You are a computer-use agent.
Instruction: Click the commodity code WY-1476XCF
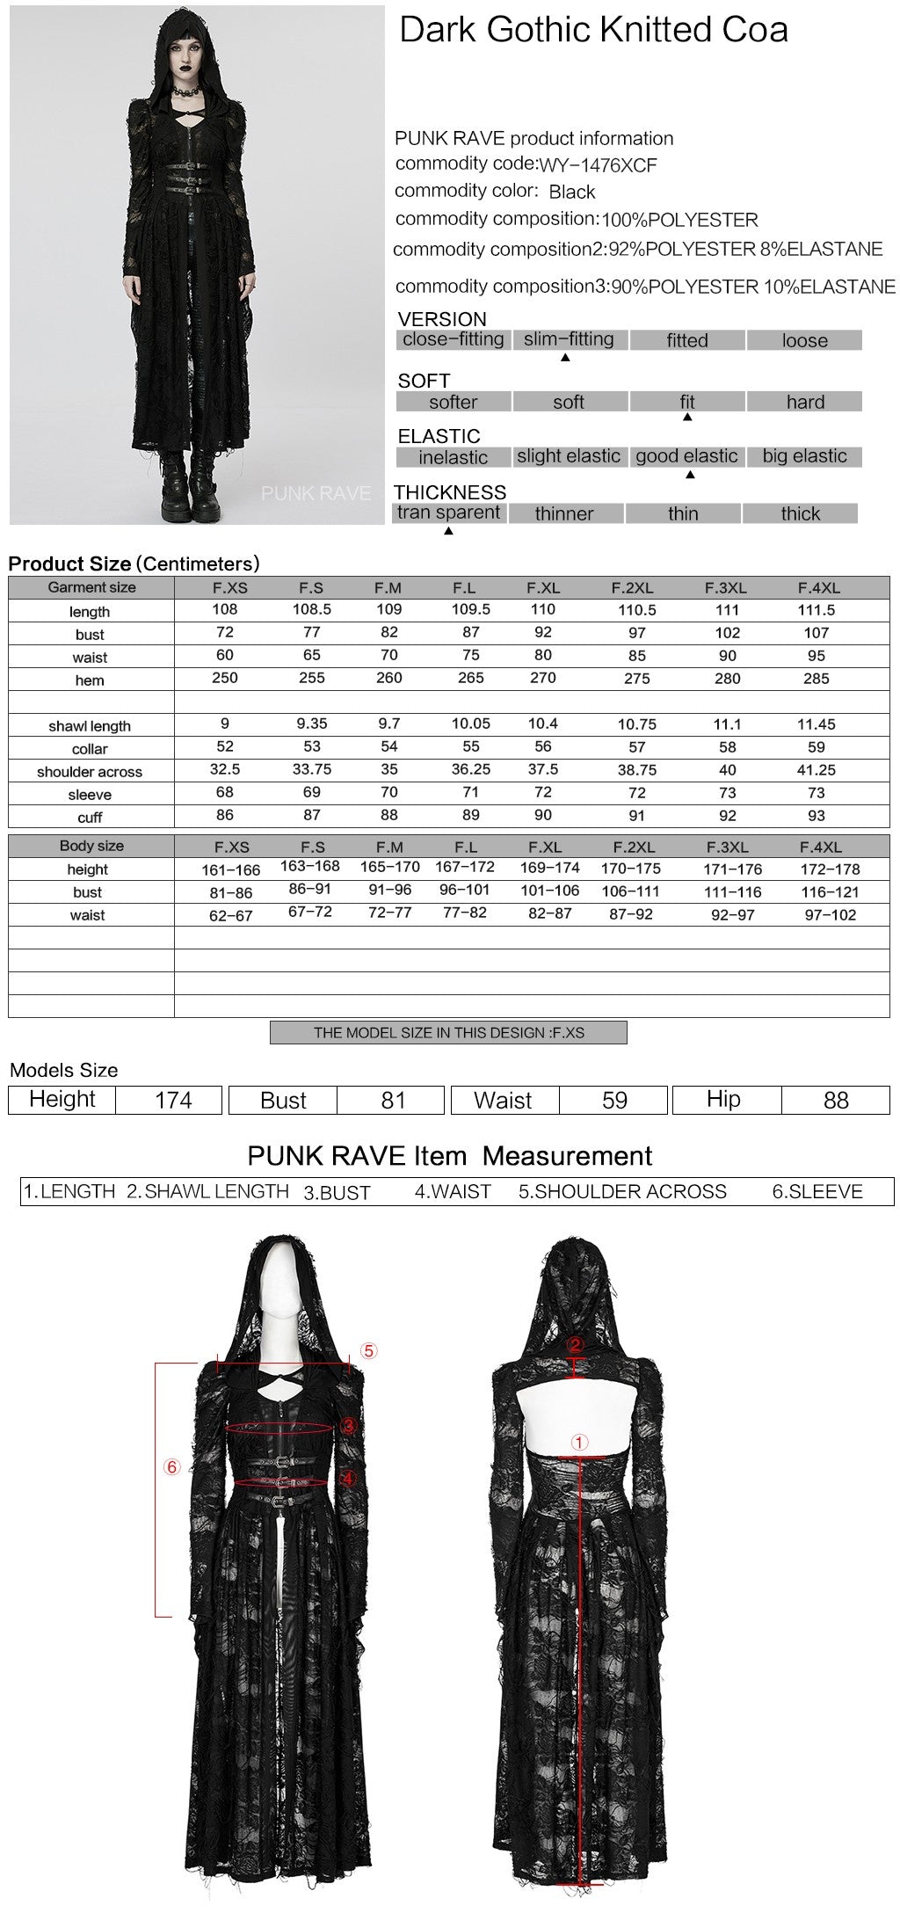point(598,165)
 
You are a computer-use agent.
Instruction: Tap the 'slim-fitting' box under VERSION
point(569,339)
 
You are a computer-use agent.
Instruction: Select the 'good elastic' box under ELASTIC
point(686,456)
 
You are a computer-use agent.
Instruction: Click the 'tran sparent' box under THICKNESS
point(448,513)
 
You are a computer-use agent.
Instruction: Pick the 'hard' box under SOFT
point(804,402)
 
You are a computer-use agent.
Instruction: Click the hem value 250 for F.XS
point(225,678)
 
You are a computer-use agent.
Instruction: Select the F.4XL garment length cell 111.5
point(816,610)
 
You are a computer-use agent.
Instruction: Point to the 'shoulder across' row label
point(90,772)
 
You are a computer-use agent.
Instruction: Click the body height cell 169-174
point(549,868)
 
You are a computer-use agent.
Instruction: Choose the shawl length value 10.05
point(470,724)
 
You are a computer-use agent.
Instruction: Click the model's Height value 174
point(172,1100)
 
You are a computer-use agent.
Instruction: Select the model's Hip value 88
point(835,1100)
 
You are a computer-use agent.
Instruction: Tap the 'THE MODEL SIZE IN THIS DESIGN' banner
point(448,1032)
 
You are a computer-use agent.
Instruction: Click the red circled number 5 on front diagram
point(368,1350)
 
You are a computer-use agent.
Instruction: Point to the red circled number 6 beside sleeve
point(171,1466)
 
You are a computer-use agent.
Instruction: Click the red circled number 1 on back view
point(578,1442)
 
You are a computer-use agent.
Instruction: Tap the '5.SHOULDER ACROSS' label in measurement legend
point(622,1192)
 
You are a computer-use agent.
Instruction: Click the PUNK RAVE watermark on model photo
point(316,494)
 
